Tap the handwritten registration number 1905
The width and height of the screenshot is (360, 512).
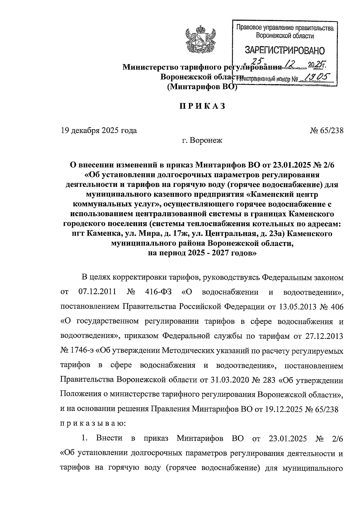315,78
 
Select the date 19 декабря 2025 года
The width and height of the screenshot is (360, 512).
99,131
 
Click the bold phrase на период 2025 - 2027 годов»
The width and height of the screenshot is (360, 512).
202,253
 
